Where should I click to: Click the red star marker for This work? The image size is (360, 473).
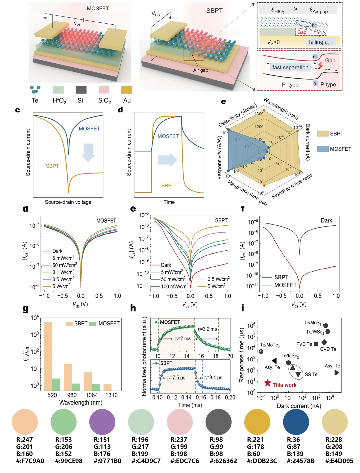coord(267,383)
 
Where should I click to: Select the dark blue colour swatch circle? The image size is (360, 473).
coord(296,422)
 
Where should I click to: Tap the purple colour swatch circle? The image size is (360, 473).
coord(102,422)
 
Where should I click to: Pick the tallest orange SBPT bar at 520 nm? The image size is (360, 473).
coord(48,356)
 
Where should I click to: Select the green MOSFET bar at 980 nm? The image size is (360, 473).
coord(76,387)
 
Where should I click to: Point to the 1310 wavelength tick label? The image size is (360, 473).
coord(111,395)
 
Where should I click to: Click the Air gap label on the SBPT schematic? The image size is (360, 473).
coord(200,70)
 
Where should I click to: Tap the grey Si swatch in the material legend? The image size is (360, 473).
coord(81,90)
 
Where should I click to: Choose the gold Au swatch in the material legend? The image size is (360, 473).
coord(126,90)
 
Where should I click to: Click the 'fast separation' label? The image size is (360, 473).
coord(290,67)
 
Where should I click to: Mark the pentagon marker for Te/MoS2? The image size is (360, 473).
coord(325,325)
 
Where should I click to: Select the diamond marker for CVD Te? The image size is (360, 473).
coord(324,342)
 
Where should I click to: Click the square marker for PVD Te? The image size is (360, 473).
coord(316,344)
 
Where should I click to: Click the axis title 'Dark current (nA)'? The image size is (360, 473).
coord(299,406)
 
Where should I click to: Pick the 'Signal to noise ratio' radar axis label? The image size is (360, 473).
coord(292,186)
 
